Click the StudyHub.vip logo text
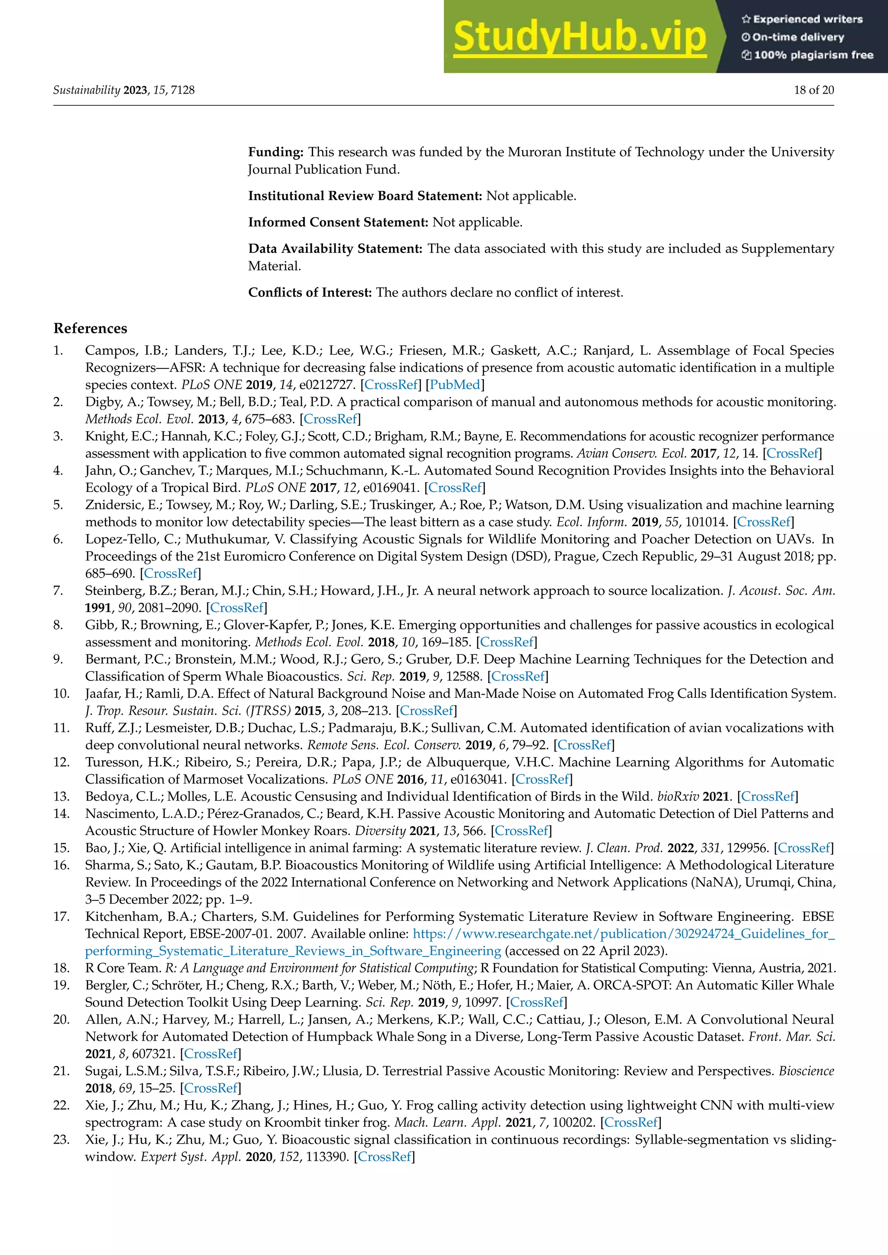point(580,37)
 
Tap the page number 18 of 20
point(813,90)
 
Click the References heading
point(90,328)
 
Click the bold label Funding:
point(276,152)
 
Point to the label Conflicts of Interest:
point(310,293)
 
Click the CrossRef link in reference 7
point(237,608)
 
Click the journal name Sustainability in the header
point(86,90)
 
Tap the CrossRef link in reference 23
point(385,1157)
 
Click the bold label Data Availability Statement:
point(335,249)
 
